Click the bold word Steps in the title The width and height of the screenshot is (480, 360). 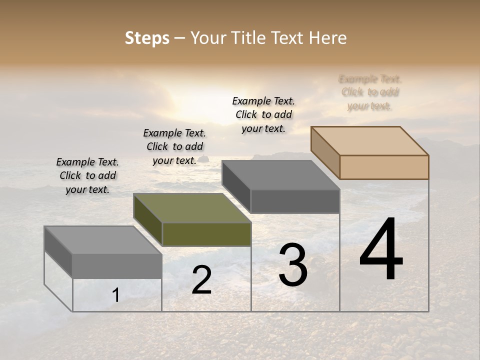coord(147,38)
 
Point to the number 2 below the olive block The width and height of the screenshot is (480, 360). coord(201,280)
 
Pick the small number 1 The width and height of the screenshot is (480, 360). coord(115,295)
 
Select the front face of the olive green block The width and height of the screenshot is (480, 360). coord(206,234)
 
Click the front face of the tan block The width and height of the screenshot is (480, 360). coord(384,167)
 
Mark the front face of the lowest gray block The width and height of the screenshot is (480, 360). coord(117,266)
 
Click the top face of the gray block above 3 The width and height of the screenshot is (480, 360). coord(281,175)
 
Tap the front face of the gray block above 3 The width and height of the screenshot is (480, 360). coord(295,201)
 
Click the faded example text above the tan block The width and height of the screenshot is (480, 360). coord(370,92)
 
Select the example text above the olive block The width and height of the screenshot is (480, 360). coord(174,146)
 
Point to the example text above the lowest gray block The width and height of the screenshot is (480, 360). coord(87,175)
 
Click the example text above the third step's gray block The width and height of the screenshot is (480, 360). coord(263,114)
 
